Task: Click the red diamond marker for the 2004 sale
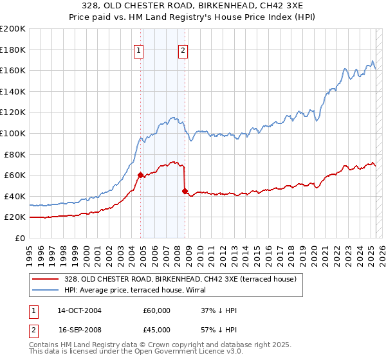point(140,175)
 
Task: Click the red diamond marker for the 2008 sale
point(185,191)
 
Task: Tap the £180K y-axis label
point(13,50)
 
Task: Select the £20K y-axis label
point(15,217)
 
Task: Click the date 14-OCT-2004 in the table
point(79,310)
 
